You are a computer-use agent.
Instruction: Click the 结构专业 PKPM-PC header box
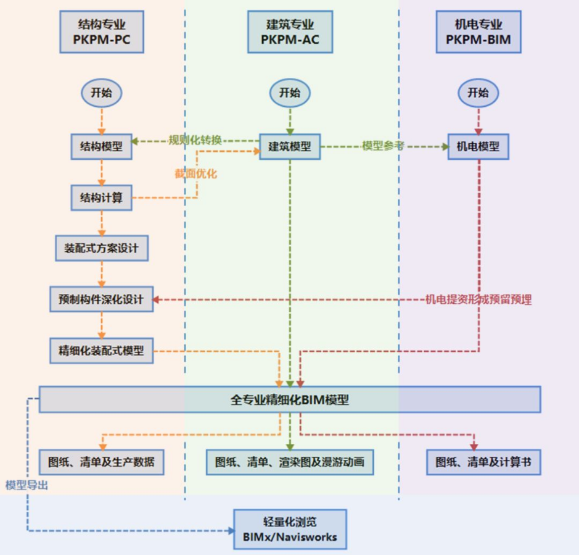click(x=102, y=33)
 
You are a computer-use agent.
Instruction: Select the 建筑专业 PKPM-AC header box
click(x=290, y=33)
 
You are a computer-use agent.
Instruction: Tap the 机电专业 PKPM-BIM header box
click(x=478, y=33)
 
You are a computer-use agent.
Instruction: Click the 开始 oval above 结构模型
click(x=102, y=93)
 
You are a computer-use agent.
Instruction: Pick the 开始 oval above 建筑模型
click(x=290, y=93)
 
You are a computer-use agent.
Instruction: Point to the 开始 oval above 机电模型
click(x=478, y=93)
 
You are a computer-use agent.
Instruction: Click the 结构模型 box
click(x=102, y=146)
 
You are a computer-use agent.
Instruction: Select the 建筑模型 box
click(x=290, y=147)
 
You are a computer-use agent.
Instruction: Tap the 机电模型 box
click(x=478, y=147)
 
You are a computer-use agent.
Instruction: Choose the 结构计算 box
click(x=102, y=198)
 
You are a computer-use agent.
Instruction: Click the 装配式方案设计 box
click(x=102, y=248)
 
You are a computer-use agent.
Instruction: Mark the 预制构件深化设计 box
click(x=102, y=299)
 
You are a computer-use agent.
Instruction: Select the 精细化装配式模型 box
click(x=102, y=351)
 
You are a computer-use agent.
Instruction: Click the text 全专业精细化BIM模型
click(x=290, y=399)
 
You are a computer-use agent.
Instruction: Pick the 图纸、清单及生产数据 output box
click(x=102, y=462)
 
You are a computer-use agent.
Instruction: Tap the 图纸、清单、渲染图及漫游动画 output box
click(x=290, y=462)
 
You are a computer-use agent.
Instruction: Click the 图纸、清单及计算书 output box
click(x=483, y=462)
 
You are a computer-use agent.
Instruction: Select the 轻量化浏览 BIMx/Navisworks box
click(x=290, y=529)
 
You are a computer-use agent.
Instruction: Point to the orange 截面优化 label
click(x=195, y=174)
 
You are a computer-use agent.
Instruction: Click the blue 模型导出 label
click(x=26, y=485)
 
